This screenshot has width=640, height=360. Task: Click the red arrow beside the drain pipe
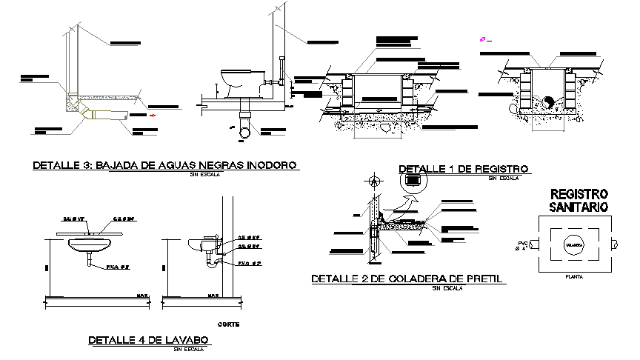153,115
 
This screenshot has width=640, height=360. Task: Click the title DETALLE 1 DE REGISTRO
463,170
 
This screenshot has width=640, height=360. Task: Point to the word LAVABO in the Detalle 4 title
187,340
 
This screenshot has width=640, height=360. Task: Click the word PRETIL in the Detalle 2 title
484,279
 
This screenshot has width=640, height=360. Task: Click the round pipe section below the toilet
244,131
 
